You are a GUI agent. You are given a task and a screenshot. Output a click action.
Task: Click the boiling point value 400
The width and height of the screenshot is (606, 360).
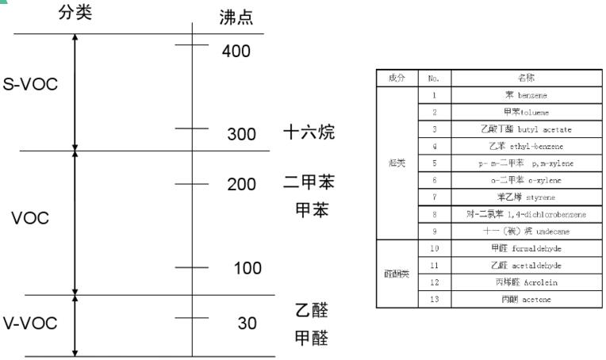[x=236, y=52]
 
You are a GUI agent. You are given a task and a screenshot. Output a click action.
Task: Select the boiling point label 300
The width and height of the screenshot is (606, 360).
[x=241, y=134]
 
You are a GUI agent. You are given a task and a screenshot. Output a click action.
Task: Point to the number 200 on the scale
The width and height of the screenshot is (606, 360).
[x=241, y=185]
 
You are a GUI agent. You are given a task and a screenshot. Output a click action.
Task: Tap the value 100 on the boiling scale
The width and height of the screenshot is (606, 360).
[x=247, y=269]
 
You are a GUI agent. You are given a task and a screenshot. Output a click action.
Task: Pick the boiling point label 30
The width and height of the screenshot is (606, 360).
[x=247, y=324]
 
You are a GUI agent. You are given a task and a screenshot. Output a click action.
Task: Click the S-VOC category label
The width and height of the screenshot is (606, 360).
[x=31, y=85]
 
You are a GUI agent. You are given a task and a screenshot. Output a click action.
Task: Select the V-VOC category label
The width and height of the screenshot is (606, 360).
[x=31, y=324]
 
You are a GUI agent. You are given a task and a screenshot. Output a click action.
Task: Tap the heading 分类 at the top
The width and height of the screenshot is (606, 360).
[x=75, y=13]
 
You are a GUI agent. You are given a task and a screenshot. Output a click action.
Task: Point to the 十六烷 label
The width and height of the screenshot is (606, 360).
[x=309, y=132]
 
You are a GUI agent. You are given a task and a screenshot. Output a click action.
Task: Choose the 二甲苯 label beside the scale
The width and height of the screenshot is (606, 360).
[x=309, y=183]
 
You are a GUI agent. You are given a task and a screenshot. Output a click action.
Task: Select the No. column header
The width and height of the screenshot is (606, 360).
[x=434, y=78]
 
